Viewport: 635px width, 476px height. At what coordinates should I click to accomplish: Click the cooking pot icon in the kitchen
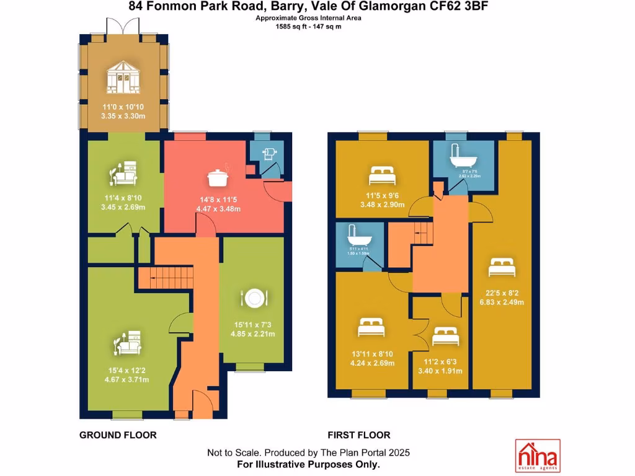[x=217, y=177]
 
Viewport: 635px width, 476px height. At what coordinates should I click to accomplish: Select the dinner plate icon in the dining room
[x=254, y=298]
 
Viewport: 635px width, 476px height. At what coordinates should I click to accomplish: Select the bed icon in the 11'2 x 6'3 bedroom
[x=445, y=337]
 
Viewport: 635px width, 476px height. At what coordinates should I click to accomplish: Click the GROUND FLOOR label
[x=118, y=435]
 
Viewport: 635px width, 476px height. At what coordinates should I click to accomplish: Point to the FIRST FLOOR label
[x=359, y=435]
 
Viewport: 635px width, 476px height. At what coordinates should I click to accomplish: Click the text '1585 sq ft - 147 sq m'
[x=309, y=26]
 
